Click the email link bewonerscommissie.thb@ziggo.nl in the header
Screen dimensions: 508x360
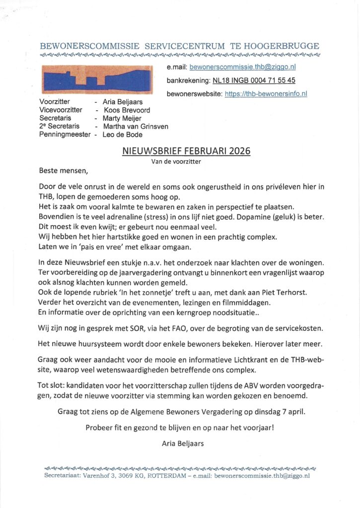click(x=243, y=67)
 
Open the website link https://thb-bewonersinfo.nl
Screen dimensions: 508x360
click(x=266, y=93)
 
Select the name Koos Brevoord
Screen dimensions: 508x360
click(x=127, y=110)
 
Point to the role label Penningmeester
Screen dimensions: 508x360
click(x=65, y=134)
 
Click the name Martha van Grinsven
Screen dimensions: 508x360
click(x=135, y=127)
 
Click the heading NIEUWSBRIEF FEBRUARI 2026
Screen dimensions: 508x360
click(x=186, y=151)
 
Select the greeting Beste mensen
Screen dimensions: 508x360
click(x=63, y=172)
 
